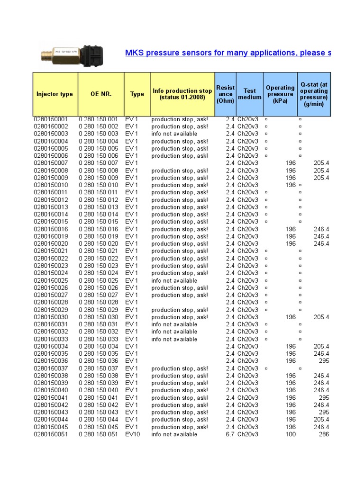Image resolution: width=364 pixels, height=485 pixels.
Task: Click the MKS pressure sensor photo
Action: click(x=71, y=53)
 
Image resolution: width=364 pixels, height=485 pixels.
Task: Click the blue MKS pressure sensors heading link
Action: click(x=227, y=53)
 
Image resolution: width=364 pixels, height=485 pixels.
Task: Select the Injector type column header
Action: click(x=55, y=94)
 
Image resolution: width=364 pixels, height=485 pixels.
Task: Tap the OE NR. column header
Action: click(x=101, y=94)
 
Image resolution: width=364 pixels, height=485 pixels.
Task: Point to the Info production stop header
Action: click(x=182, y=94)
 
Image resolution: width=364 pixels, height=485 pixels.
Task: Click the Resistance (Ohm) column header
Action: click(x=225, y=94)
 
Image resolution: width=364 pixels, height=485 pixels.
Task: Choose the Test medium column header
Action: click(x=250, y=94)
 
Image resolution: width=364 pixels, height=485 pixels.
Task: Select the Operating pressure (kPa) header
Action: click(x=280, y=94)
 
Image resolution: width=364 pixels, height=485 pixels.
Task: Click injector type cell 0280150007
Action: click(x=51, y=163)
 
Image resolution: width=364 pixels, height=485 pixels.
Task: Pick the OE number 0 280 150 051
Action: click(x=98, y=434)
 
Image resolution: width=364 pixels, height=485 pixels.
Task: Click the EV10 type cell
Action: click(x=133, y=434)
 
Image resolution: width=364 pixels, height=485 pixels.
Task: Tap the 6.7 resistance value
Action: click(x=230, y=434)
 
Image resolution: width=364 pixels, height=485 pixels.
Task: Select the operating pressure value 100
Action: click(x=291, y=434)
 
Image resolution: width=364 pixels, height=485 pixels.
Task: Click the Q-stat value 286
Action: click(x=324, y=434)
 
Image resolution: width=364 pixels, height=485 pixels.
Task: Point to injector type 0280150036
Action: click(x=51, y=361)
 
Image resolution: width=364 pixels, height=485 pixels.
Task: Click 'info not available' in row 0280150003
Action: click(x=174, y=134)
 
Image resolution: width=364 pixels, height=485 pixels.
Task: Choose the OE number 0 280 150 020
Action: click(x=98, y=243)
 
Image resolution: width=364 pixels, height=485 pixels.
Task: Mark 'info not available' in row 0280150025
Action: click(x=174, y=280)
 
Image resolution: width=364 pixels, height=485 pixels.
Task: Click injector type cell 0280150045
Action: click(x=51, y=427)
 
